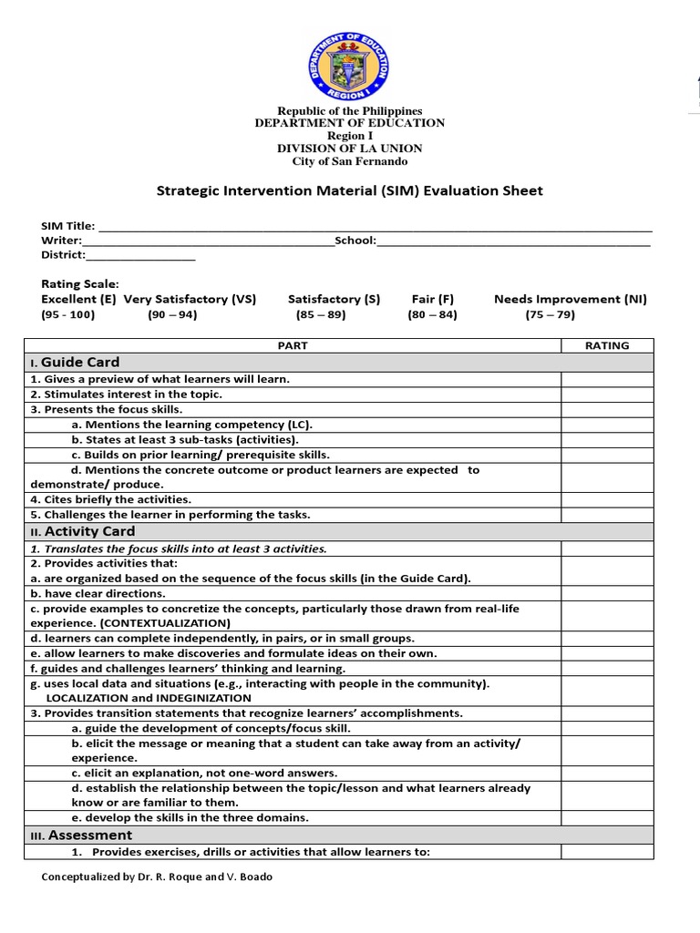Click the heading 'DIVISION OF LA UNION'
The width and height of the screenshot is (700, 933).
350,149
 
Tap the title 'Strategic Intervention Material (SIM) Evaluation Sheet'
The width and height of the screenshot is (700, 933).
350,191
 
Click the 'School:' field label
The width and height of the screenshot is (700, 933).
355,241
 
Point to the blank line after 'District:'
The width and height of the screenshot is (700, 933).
140,256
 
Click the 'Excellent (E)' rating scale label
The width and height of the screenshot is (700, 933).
78,299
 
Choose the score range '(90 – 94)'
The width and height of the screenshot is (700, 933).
172,314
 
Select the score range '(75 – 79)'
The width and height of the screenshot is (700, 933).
550,314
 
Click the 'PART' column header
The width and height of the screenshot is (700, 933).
293,345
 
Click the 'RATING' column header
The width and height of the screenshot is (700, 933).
606,345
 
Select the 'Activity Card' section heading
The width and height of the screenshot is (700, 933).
89,531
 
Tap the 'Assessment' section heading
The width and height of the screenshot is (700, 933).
89,835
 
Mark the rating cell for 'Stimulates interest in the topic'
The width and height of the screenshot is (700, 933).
606,395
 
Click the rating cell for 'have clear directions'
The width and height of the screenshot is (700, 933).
606,593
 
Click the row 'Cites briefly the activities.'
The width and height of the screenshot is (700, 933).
111,499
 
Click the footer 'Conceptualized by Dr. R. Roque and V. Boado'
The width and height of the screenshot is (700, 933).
157,877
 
